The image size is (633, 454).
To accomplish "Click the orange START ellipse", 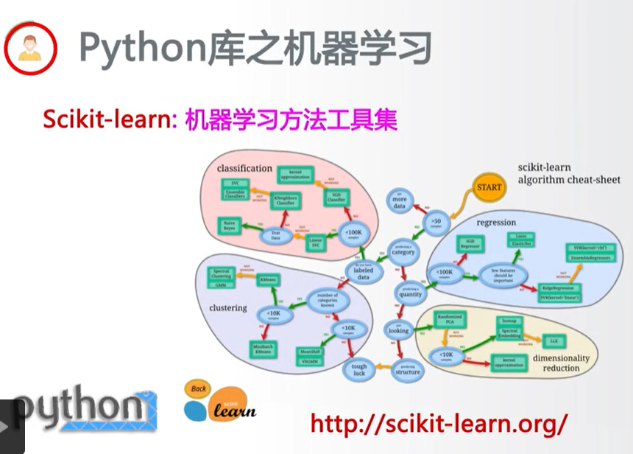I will pos(489,187).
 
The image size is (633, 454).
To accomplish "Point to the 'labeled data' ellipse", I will pos(363,273).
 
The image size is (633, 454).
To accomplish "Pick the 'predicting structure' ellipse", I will pos(407,369).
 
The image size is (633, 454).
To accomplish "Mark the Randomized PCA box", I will pos(450,319).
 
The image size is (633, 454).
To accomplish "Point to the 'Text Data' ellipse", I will pos(276,236).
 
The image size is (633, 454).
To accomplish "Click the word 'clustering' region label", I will pos(228,307).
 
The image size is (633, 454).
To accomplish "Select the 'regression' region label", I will pos(496,223).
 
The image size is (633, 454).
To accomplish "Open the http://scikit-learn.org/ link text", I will pos(439,422).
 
